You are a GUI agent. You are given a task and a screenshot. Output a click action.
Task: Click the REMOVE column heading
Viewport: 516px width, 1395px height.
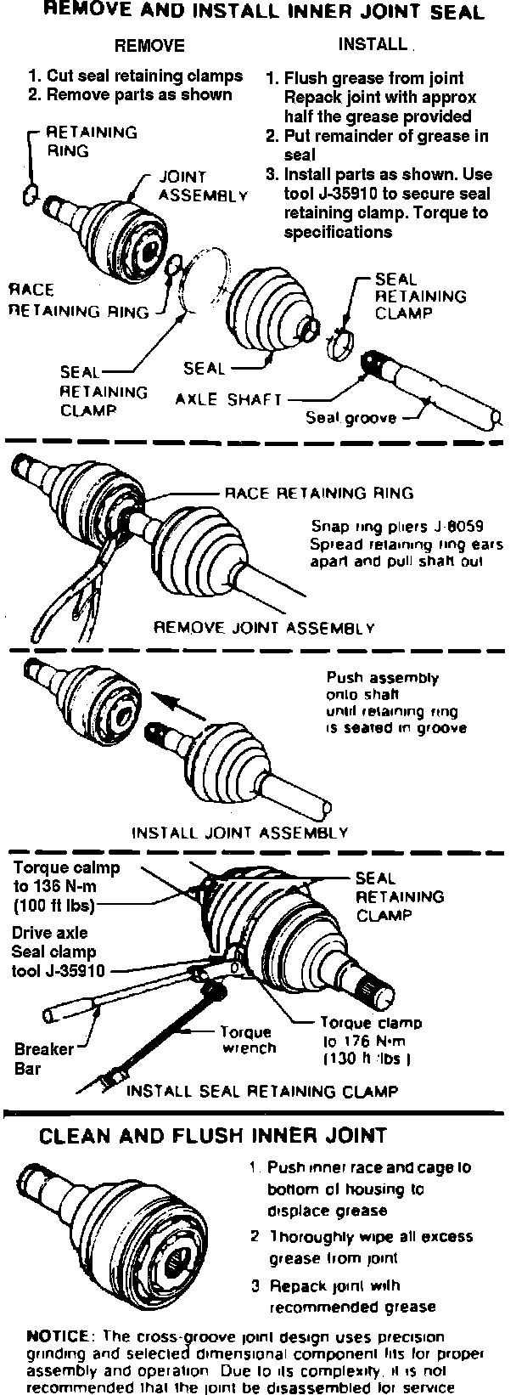149,45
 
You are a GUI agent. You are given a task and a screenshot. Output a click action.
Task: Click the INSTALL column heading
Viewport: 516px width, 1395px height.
373,43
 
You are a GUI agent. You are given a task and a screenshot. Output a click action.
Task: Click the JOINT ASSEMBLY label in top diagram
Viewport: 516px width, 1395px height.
203,185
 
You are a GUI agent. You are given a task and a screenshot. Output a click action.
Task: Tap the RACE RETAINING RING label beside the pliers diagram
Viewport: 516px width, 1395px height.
318,493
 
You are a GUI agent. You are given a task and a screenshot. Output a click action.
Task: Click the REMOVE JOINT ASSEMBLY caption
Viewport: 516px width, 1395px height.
263,629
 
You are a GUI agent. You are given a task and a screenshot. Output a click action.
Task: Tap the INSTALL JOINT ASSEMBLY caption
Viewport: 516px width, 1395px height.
239,833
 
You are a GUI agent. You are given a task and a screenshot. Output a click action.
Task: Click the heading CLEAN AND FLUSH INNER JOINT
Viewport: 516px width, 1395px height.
214,1135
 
